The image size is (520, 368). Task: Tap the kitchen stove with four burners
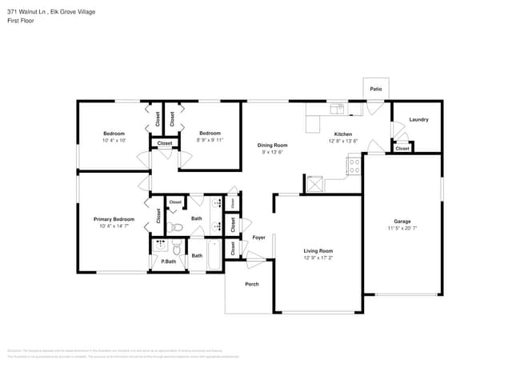tap(353, 166)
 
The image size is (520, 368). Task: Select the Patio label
tap(375, 89)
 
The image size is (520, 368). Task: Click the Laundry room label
tap(418, 120)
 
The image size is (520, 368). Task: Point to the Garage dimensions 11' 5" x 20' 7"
tap(402, 228)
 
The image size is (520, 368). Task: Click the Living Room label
tap(318, 250)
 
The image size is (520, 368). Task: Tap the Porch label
tap(251, 284)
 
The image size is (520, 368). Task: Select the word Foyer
tap(259, 238)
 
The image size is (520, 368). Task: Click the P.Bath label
tap(168, 261)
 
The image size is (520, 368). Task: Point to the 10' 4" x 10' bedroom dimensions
tap(114, 140)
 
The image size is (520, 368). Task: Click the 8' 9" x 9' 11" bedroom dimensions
tap(210, 140)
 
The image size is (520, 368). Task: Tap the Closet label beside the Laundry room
tap(402, 148)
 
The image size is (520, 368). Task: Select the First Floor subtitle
tap(19, 21)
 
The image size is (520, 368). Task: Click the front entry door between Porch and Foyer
tap(255, 258)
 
